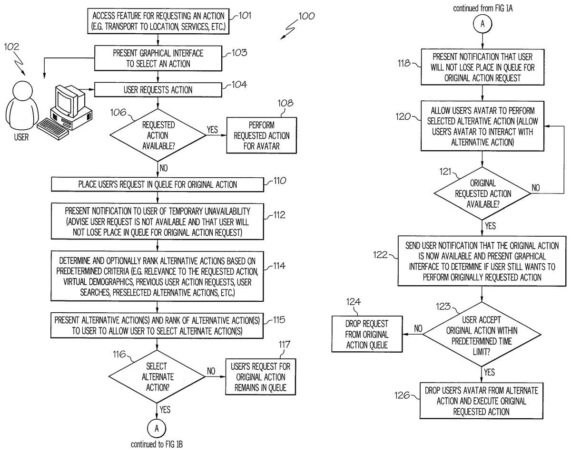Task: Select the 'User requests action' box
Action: coord(158,89)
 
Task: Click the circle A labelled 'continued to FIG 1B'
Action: coord(156,428)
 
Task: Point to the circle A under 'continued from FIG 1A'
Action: coord(482,24)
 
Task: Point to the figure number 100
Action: coord(306,16)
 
